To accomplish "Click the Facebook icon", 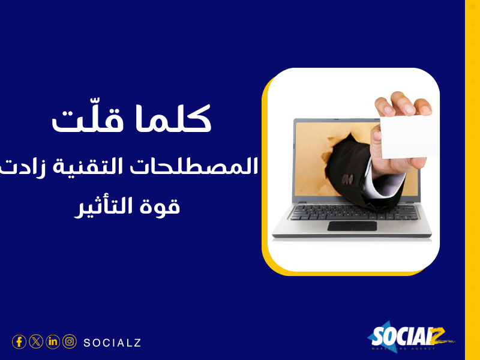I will click(x=19, y=342).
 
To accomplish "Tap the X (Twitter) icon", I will click(x=36, y=342).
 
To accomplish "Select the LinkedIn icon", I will click(x=53, y=342).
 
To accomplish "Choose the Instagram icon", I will click(x=70, y=342).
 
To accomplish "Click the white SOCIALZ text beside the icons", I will click(x=112, y=343).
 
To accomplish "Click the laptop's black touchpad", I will click(x=352, y=226).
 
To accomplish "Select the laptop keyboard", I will click(x=353, y=211).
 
